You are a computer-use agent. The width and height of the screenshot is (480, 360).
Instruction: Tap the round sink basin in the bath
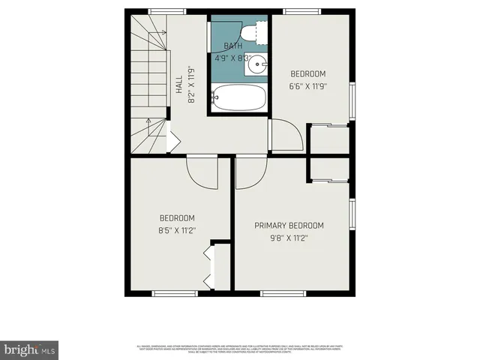(x=257, y=64)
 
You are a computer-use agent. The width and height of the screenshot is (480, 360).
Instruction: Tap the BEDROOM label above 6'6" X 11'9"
(x=308, y=73)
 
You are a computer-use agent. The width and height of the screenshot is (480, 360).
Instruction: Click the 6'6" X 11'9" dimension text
(x=308, y=85)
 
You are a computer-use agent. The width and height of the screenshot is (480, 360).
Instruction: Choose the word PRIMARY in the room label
(x=271, y=226)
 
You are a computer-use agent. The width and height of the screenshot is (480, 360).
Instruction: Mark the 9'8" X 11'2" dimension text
(x=289, y=238)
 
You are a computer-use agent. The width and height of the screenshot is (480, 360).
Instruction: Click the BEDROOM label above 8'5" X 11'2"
(x=176, y=218)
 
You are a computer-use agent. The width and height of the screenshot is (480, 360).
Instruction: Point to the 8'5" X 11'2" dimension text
(x=176, y=230)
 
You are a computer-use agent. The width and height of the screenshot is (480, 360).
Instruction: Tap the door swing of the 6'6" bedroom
(x=288, y=135)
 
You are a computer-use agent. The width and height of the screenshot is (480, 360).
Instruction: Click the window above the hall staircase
(x=167, y=11)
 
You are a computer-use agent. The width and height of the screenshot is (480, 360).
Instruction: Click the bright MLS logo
(x=29, y=350)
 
